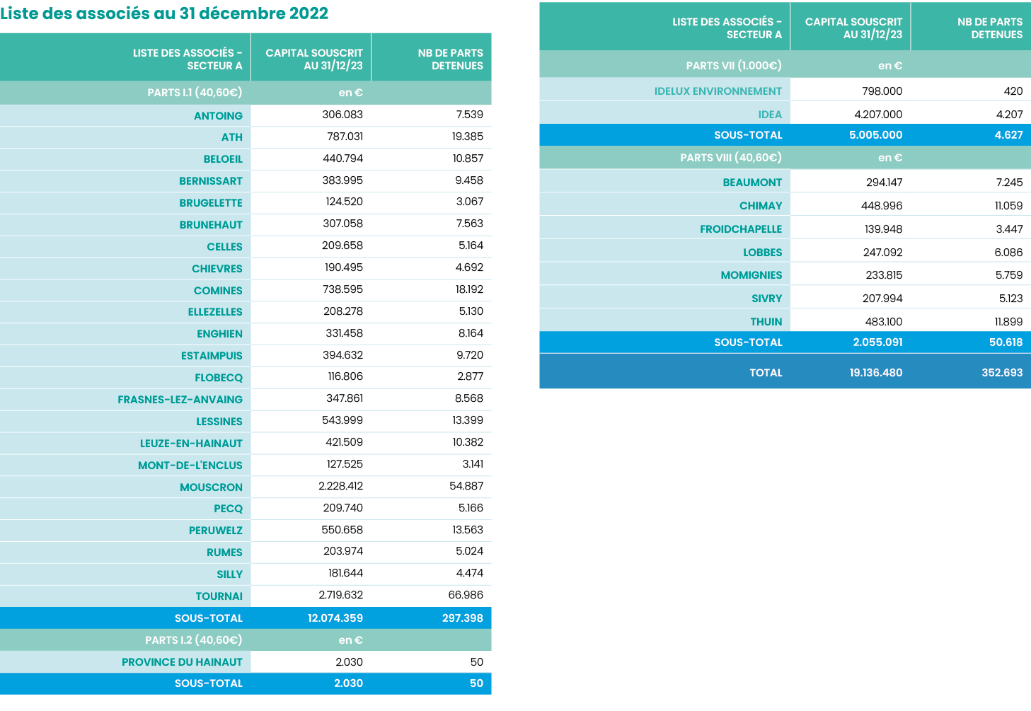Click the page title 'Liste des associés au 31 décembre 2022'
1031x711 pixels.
point(164,13)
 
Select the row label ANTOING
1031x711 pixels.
point(218,116)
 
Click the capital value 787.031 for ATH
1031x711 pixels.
point(345,137)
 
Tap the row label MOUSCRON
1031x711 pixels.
point(211,487)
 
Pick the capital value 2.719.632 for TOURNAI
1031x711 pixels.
point(340,595)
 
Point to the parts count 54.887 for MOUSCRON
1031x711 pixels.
point(466,486)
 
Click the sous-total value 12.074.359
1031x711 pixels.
point(335,618)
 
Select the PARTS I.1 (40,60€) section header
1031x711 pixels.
point(195,93)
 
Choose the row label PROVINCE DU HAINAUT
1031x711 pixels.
point(182,662)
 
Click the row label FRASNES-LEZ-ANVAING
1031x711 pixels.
point(180,400)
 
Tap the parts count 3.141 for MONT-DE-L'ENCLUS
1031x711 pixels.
point(473,464)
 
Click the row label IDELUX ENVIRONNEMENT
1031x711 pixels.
point(718,91)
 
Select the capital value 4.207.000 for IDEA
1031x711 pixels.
point(878,115)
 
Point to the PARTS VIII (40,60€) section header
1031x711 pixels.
point(731,158)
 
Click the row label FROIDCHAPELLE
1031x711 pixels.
point(741,229)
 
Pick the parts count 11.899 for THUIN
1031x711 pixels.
point(1008,322)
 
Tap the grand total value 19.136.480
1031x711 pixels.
point(876,373)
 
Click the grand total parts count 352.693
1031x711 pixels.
point(1002,373)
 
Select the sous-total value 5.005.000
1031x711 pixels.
point(876,135)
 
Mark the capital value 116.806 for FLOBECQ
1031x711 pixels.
point(345,376)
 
